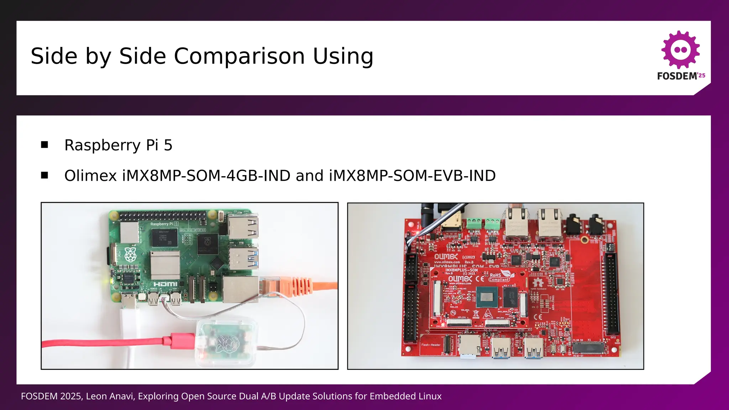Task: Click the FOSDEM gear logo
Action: tap(681, 49)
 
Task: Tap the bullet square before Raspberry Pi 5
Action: tap(44, 144)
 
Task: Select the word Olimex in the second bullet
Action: tap(90, 175)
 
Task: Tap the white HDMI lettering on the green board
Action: tap(166, 284)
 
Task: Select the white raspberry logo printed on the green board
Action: tap(130, 253)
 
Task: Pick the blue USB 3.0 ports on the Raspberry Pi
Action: tap(243, 258)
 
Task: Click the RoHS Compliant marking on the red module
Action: tap(499, 277)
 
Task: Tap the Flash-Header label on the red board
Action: tap(431, 345)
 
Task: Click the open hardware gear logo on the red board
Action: tap(538, 283)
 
